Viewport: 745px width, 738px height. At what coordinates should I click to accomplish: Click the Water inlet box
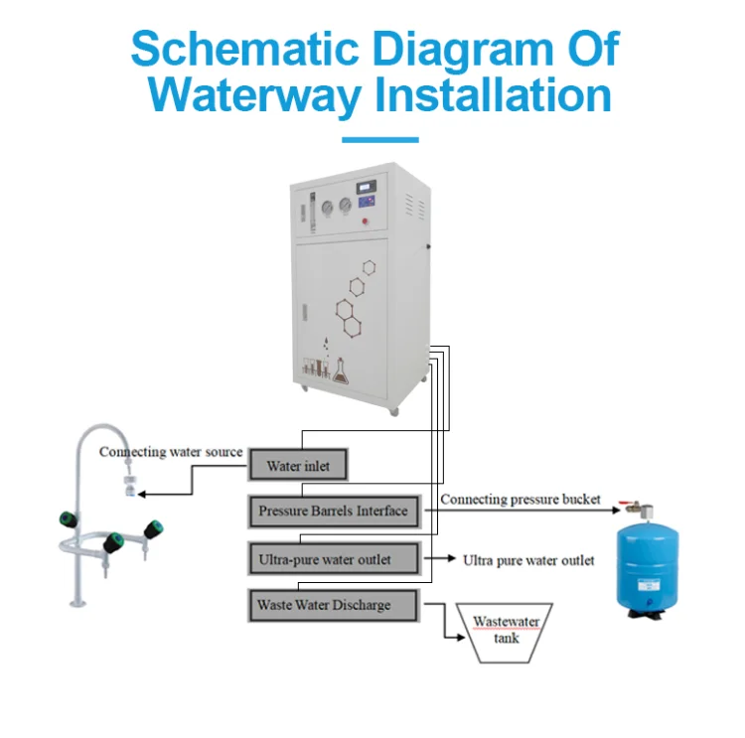pyautogui.click(x=299, y=465)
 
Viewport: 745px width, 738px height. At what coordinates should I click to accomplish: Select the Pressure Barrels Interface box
pyautogui.click(x=334, y=512)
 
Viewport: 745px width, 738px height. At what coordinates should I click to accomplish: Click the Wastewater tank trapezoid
pyautogui.click(x=506, y=632)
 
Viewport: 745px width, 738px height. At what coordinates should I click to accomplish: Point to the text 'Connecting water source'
pyautogui.click(x=171, y=452)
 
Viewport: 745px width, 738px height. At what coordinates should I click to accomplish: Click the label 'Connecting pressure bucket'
pyautogui.click(x=521, y=499)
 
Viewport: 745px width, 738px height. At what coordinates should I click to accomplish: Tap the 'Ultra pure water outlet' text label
pyautogui.click(x=528, y=560)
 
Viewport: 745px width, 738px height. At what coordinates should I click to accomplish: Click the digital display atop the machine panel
pyautogui.click(x=373, y=184)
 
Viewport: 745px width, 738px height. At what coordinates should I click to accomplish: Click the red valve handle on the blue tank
pyautogui.click(x=626, y=506)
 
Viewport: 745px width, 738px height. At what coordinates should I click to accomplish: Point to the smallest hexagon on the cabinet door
pyautogui.click(x=370, y=267)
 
